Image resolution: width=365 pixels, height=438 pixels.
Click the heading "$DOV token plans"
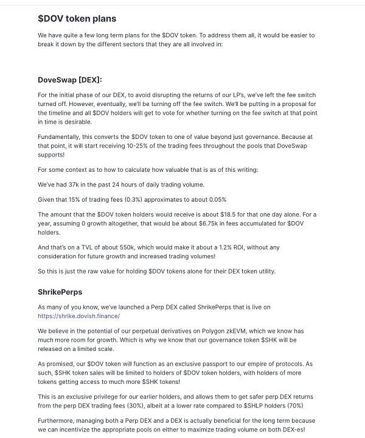[77, 19]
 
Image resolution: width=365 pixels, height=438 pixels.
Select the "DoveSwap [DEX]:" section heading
[70, 80]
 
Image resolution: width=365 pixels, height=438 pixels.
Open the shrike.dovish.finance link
[78, 316]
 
